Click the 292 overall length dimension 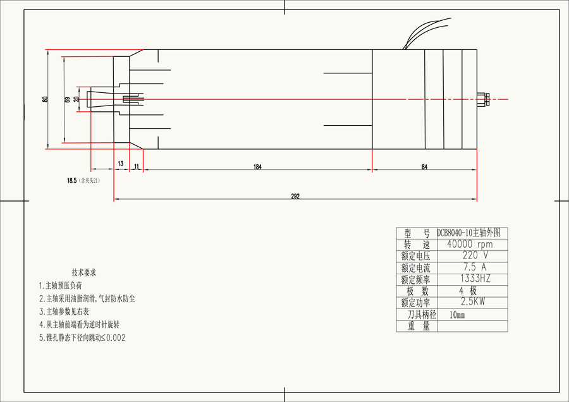(295, 196)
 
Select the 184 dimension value (257, 167)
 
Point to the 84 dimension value (424, 167)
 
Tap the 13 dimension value (120, 164)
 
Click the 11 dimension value (137, 166)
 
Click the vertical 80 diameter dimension (45, 99)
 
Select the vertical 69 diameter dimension (67, 99)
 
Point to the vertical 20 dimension (76, 99)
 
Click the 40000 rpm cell (468, 244)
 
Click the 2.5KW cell (468, 302)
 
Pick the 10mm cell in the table (457, 314)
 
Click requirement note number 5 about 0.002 (82, 338)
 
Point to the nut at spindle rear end (485, 99)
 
